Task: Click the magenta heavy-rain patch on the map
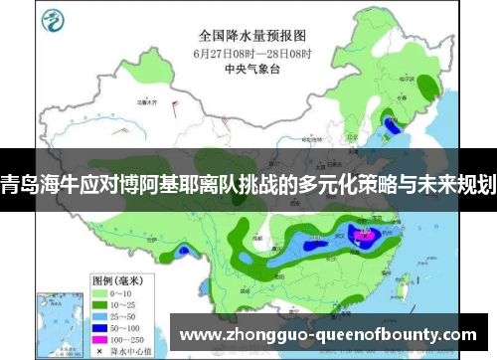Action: point(364,237)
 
